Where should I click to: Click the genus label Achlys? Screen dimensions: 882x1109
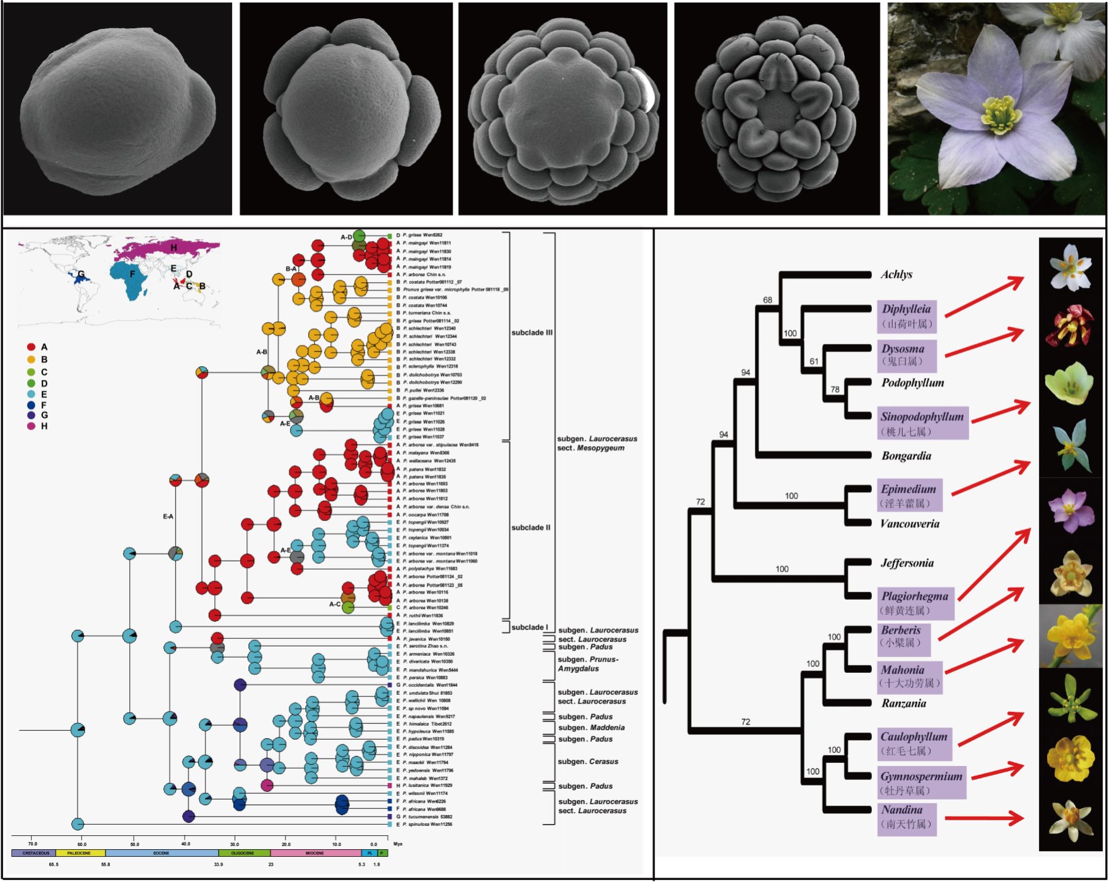896,275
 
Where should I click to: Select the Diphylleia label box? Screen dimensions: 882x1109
906,316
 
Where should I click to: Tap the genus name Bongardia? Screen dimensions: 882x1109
906,456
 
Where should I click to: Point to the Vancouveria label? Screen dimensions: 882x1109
909,524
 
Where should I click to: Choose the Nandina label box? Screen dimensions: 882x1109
906,817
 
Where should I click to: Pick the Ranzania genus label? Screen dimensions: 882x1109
903,704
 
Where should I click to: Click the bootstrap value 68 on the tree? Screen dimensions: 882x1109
767,300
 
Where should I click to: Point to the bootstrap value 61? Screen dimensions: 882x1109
814,362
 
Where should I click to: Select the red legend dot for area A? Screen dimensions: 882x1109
31,347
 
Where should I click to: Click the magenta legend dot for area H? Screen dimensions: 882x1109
31,427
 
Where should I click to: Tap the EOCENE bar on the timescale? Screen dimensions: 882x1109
161,853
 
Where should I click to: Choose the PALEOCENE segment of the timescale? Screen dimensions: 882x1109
79,853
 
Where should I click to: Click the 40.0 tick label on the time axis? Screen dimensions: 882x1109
185,844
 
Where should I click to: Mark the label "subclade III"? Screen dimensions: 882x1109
531,333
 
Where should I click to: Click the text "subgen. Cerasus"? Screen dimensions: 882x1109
588,762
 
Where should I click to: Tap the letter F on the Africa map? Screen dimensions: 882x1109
132,274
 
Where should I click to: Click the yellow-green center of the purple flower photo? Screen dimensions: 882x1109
999,115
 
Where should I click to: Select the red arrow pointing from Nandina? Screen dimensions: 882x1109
984,818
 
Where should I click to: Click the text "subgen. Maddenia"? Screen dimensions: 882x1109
591,728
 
